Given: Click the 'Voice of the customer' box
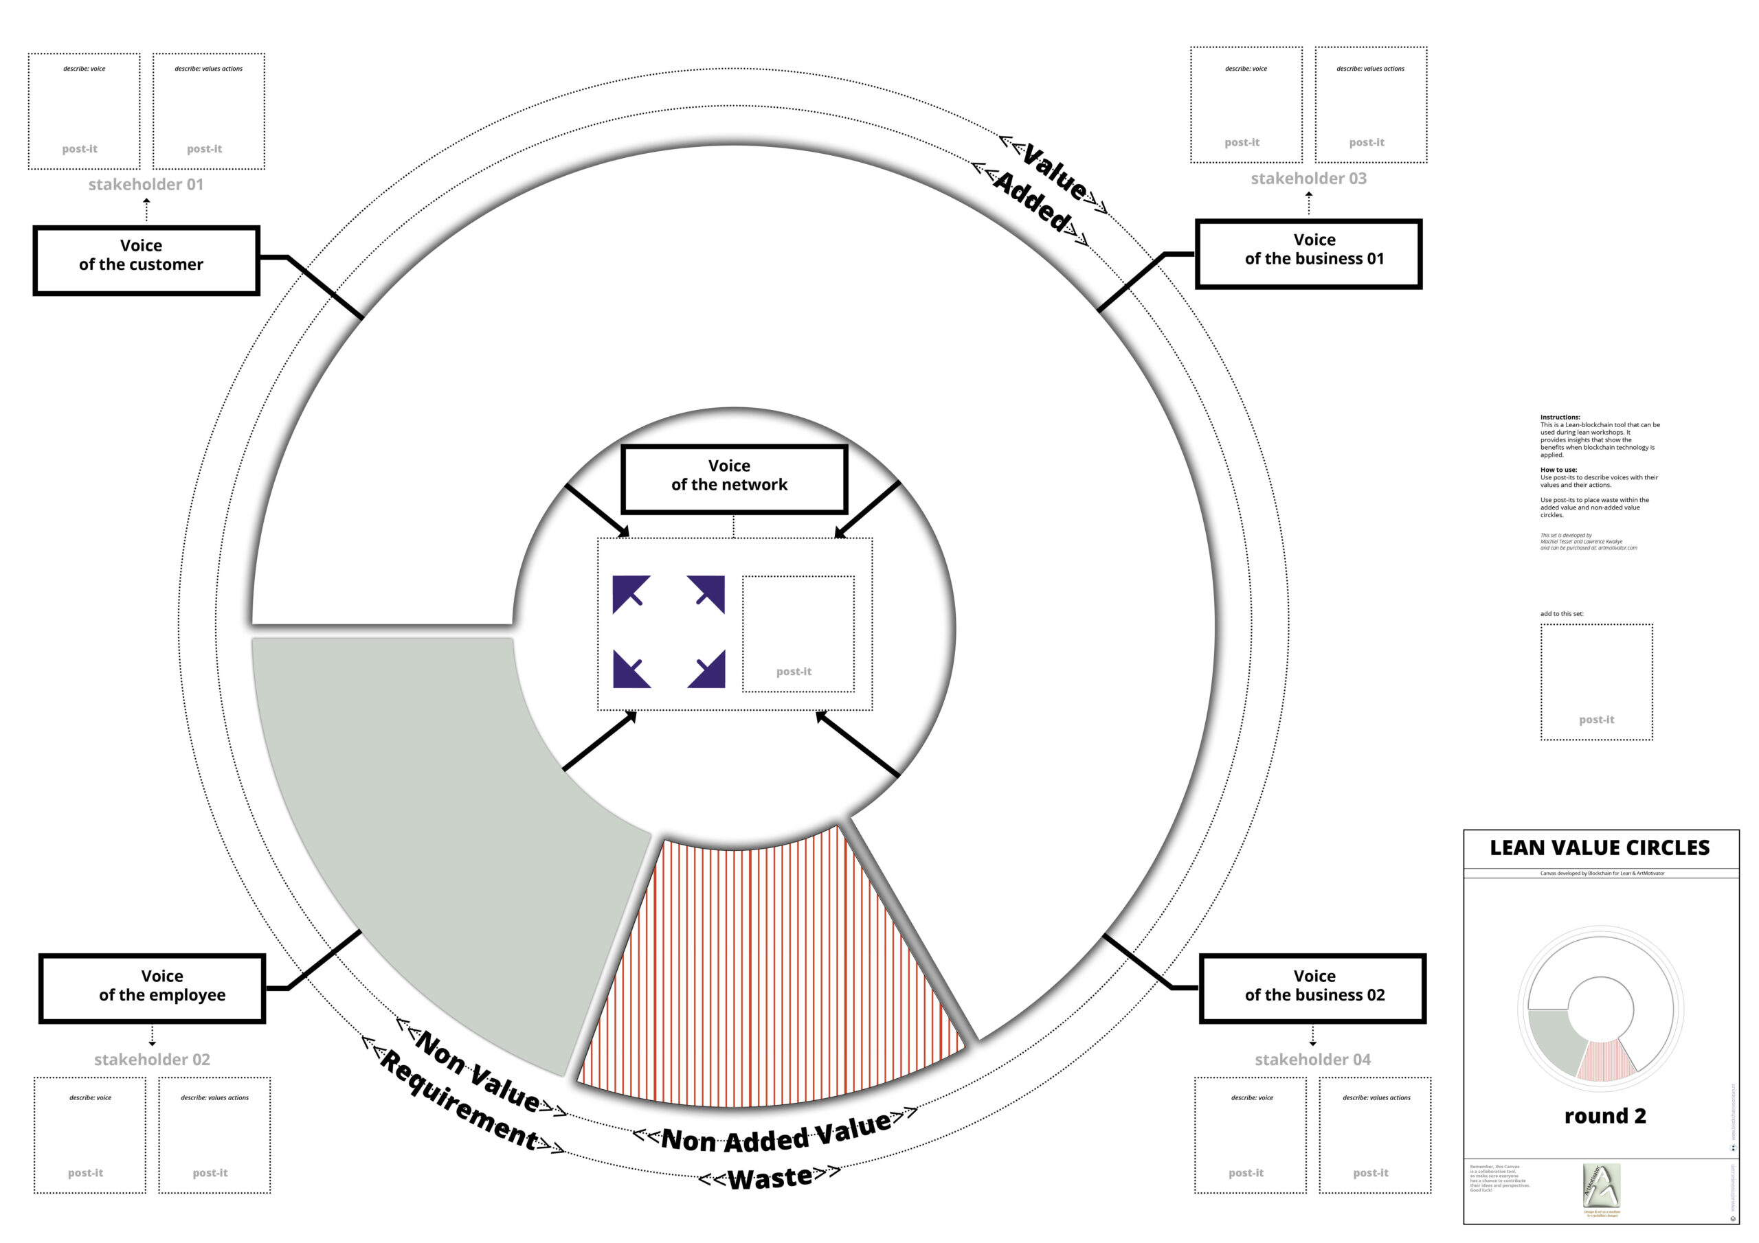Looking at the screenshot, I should tap(146, 260).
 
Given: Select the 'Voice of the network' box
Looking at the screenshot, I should tap(734, 479).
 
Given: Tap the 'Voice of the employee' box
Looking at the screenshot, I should tap(152, 988).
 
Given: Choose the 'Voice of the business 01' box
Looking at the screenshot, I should tap(1308, 254).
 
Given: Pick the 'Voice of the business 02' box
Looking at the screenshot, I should tap(1312, 988).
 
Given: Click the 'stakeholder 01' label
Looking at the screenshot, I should tap(146, 185).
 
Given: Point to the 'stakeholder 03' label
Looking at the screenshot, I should tap(1308, 179).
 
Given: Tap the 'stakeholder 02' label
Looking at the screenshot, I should tap(152, 1059).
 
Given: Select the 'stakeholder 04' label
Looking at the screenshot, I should tap(1312, 1059).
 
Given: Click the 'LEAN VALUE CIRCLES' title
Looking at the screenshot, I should tap(1600, 848).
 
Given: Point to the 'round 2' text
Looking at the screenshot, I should tap(1605, 1116).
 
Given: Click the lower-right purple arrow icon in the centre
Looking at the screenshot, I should tap(706, 670).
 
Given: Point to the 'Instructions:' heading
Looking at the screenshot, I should tap(1560, 418).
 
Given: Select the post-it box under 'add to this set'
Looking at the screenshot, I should tap(1597, 682).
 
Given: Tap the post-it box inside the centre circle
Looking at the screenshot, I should tap(798, 634).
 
